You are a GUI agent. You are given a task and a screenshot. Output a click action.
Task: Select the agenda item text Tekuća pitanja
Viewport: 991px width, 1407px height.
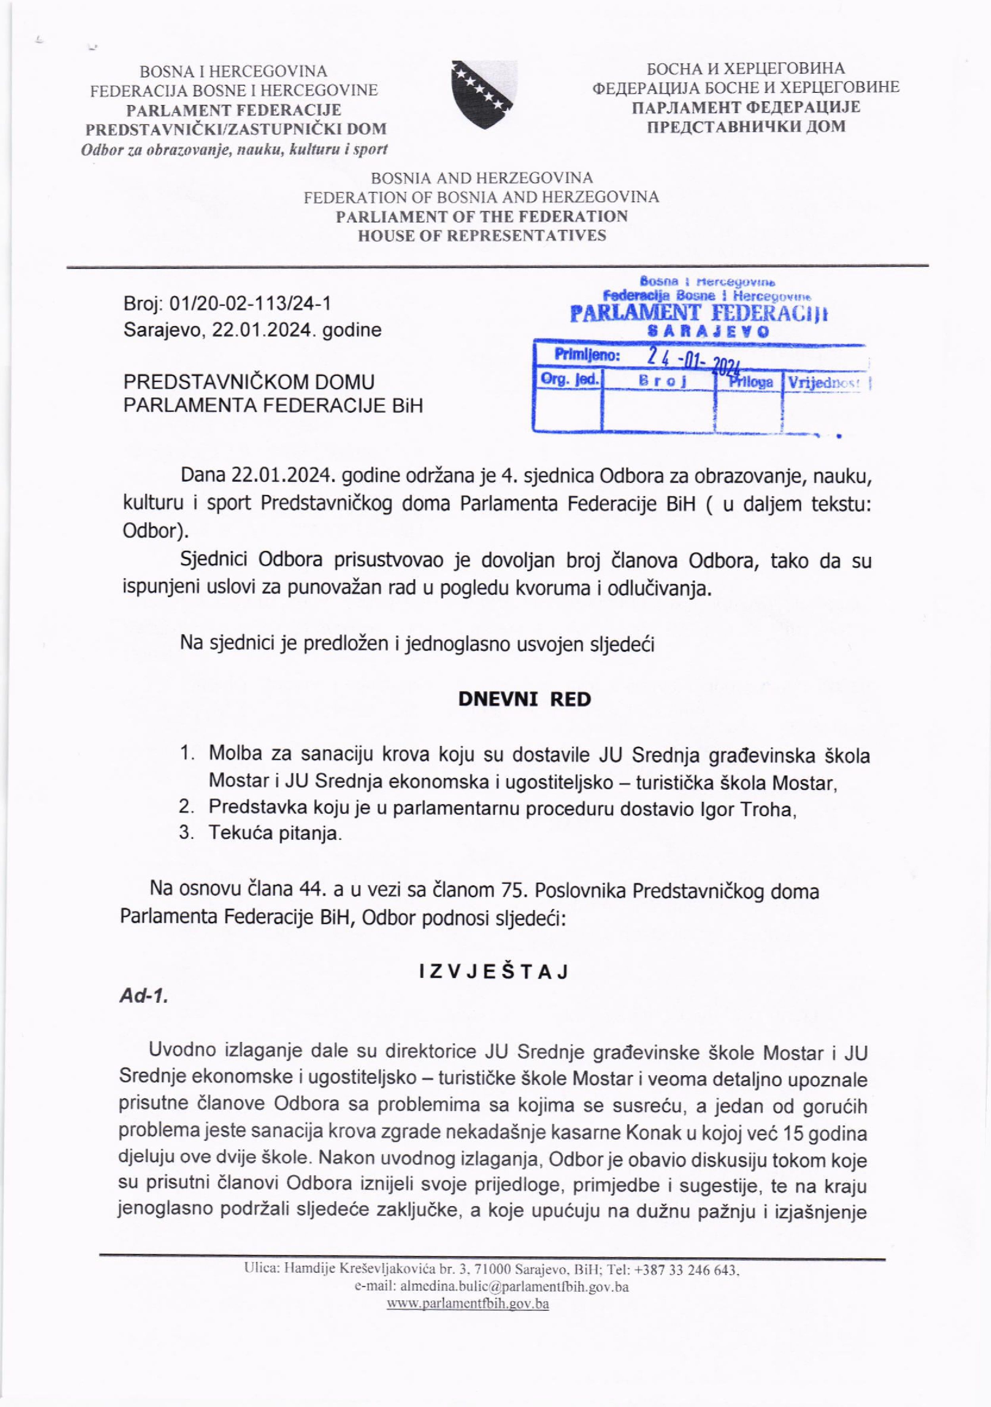pos(274,833)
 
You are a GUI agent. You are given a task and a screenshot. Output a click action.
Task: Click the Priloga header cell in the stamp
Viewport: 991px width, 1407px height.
pos(749,382)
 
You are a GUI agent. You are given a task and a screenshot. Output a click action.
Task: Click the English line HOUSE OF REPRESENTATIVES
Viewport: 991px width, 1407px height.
pos(482,235)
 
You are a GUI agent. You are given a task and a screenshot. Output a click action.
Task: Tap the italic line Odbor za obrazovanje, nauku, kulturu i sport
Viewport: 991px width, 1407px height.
pos(234,149)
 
